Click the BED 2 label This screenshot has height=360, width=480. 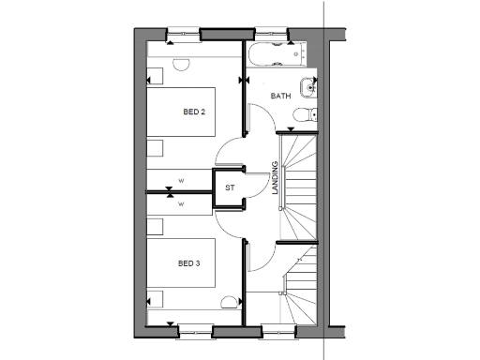click(194, 112)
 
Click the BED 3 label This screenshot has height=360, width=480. click(190, 263)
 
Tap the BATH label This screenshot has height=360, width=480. click(280, 97)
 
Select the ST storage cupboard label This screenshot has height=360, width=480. click(229, 187)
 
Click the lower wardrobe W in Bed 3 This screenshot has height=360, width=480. click(180, 202)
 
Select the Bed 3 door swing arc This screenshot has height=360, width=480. click(228, 220)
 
